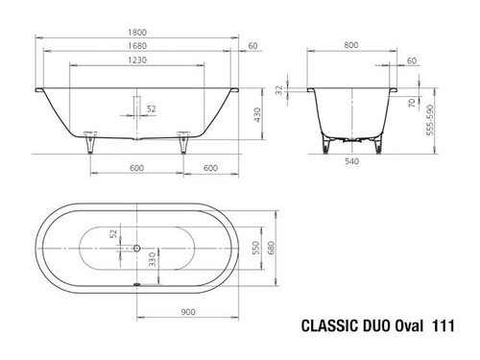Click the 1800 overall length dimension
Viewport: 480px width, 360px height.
pyautogui.click(x=137, y=33)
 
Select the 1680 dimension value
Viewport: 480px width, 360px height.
pyautogui.click(x=137, y=46)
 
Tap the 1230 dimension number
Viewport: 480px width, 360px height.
pyautogui.click(x=137, y=60)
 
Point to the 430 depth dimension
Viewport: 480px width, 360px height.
pyautogui.click(x=257, y=115)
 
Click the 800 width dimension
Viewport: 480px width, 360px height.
pyautogui.click(x=351, y=45)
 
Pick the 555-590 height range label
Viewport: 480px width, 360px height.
pyautogui.click(x=430, y=120)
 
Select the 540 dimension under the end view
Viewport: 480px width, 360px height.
pyautogui.click(x=351, y=161)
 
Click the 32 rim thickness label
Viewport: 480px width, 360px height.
pyautogui.click(x=279, y=90)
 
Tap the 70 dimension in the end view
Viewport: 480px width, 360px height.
pyautogui.click(x=412, y=103)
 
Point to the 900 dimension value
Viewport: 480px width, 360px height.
pyautogui.click(x=188, y=312)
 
